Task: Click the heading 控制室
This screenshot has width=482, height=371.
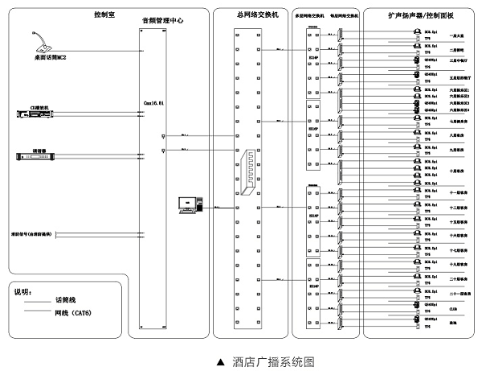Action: [104, 14]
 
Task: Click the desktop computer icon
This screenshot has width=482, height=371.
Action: [189, 206]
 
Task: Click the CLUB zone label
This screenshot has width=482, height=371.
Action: [453, 307]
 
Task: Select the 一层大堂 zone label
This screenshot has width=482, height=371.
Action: [454, 35]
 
